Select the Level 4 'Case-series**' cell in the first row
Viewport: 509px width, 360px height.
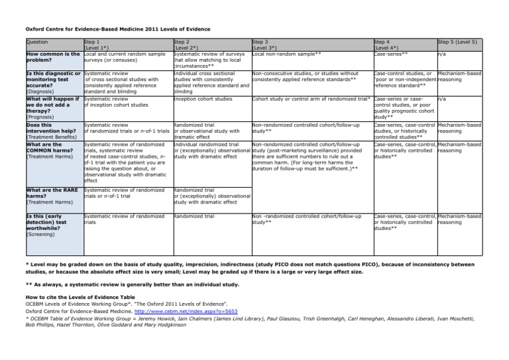click(x=390, y=54)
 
